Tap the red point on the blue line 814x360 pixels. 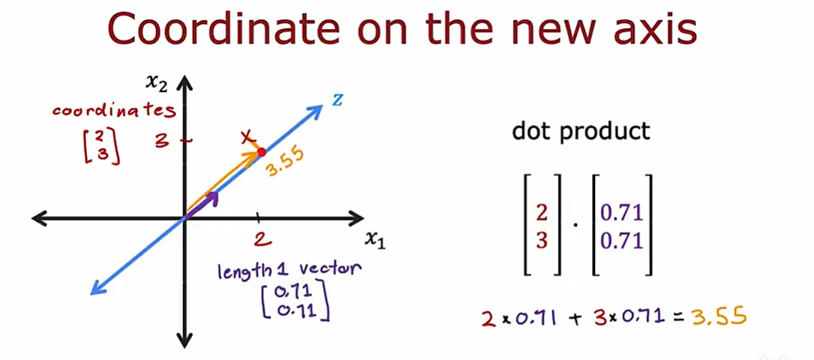coord(261,152)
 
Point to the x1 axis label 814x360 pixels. coord(374,239)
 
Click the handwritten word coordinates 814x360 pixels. coord(114,111)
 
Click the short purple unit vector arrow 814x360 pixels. coord(204,205)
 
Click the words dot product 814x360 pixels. coord(581,131)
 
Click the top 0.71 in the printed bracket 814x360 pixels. coord(621,213)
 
